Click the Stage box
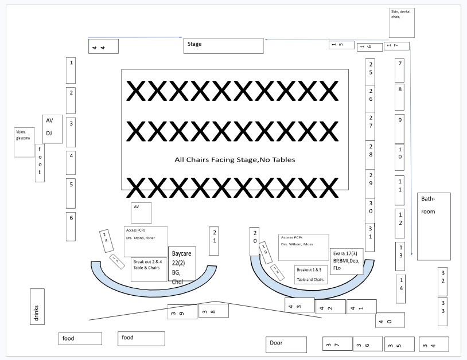tap(223, 45)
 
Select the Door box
tap(285, 344)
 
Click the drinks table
tap(37, 306)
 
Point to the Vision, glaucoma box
tap(25, 142)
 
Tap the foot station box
tap(40, 163)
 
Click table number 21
tap(214, 240)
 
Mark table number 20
tap(255, 241)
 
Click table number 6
tap(71, 226)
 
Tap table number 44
tap(103, 46)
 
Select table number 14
tap(401, 289)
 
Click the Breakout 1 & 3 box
tap(310, 275)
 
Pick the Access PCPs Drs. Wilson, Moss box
tap(303, 247)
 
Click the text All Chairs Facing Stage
tap(235, 159)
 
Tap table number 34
tap(433, 344)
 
